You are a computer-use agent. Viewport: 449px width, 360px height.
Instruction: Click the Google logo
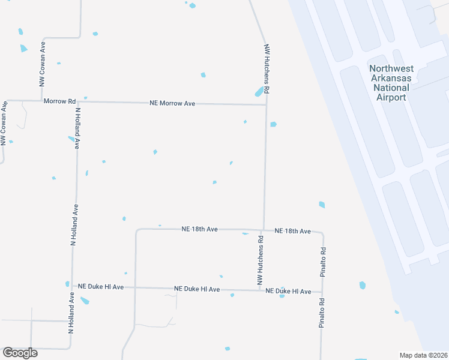(20, 353)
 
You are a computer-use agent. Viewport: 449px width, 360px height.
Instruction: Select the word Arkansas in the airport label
(391, 78)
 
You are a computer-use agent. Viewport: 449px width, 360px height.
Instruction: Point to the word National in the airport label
(391, 88)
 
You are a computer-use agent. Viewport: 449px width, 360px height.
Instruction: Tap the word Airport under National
(391, 97)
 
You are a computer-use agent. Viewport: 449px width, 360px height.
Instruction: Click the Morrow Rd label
(59, 101)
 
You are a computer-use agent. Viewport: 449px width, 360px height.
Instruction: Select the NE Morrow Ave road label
(172, 104)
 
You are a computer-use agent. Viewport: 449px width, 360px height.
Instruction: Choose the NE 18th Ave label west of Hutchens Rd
(200, 229)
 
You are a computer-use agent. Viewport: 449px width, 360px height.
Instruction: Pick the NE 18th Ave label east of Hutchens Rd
(292, 231)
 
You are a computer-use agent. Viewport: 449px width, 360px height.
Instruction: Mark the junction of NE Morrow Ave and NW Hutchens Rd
(266, 105)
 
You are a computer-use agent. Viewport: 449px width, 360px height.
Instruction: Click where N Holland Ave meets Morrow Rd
(77, 101)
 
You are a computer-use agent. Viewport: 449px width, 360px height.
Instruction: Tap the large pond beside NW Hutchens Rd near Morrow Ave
(259, 92)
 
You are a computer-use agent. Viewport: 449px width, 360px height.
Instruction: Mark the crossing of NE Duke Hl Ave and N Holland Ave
(72, 287)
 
